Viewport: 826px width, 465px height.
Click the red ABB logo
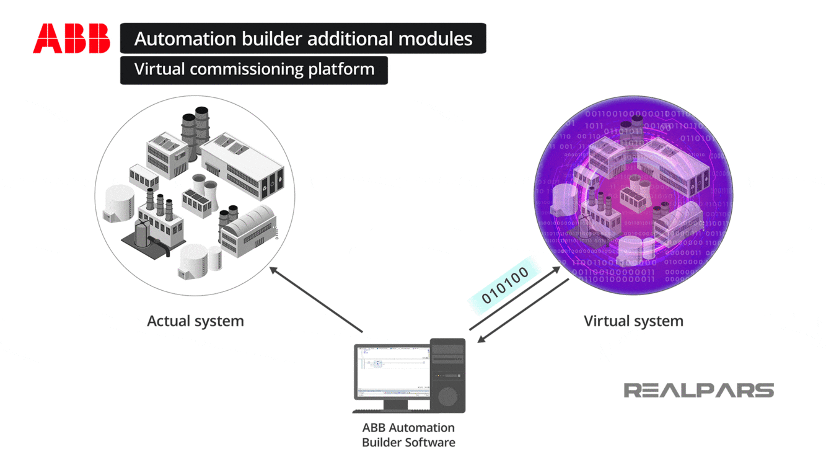pos(71,38)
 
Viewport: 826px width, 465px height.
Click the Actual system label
pos(195,321)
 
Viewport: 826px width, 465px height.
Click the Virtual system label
pos(633,321)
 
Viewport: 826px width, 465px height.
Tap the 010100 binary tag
pos(505,285)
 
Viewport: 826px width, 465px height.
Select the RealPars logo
pos(698,390)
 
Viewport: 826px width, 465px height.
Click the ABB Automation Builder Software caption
pos(408,435)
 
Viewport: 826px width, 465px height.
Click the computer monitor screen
pos(393,370)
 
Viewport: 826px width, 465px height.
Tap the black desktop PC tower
pos(447,374)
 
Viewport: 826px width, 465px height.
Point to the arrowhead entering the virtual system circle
pos(556,270)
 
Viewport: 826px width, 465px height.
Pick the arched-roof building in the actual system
pos(248,229)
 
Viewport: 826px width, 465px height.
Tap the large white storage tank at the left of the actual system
pos(119,201)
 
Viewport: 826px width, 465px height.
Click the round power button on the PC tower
pos(447,397)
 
